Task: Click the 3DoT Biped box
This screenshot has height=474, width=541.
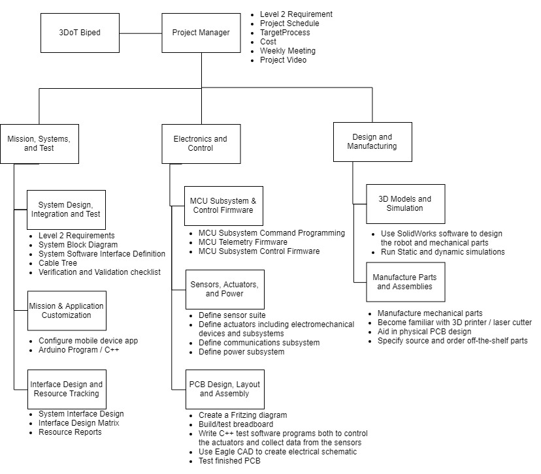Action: (80, 33)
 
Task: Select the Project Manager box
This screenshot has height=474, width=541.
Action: (201, 33)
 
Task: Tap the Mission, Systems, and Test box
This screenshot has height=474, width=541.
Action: (39, 144)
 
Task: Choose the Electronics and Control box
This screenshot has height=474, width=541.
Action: (201, 144)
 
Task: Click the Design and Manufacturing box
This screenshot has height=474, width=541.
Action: (372, 142)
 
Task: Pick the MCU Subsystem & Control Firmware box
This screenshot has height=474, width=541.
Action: (223, 206)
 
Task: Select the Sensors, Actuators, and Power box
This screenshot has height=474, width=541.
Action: (225, 289)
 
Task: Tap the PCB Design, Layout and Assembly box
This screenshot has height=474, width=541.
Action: (225, 389)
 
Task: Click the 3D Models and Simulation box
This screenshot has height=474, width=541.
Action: (405, 204)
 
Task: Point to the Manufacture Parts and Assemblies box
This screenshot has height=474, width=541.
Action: (405, 282)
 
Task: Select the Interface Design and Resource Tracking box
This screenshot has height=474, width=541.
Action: (67, 389)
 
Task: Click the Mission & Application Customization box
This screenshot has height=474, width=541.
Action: (67, 311)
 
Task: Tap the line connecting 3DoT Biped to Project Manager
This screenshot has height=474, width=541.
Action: (140, 33)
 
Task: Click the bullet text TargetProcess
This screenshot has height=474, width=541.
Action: (285, 33)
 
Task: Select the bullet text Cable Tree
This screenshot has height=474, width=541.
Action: (57, 263)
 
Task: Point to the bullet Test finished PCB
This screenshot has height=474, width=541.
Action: (229, 461)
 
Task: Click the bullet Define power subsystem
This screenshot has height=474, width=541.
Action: (242, 352)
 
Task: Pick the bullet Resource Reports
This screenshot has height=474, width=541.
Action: (70, 432)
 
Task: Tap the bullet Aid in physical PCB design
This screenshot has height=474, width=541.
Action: (425, 332)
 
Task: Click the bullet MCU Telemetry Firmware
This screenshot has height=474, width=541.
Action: (243, 242)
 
